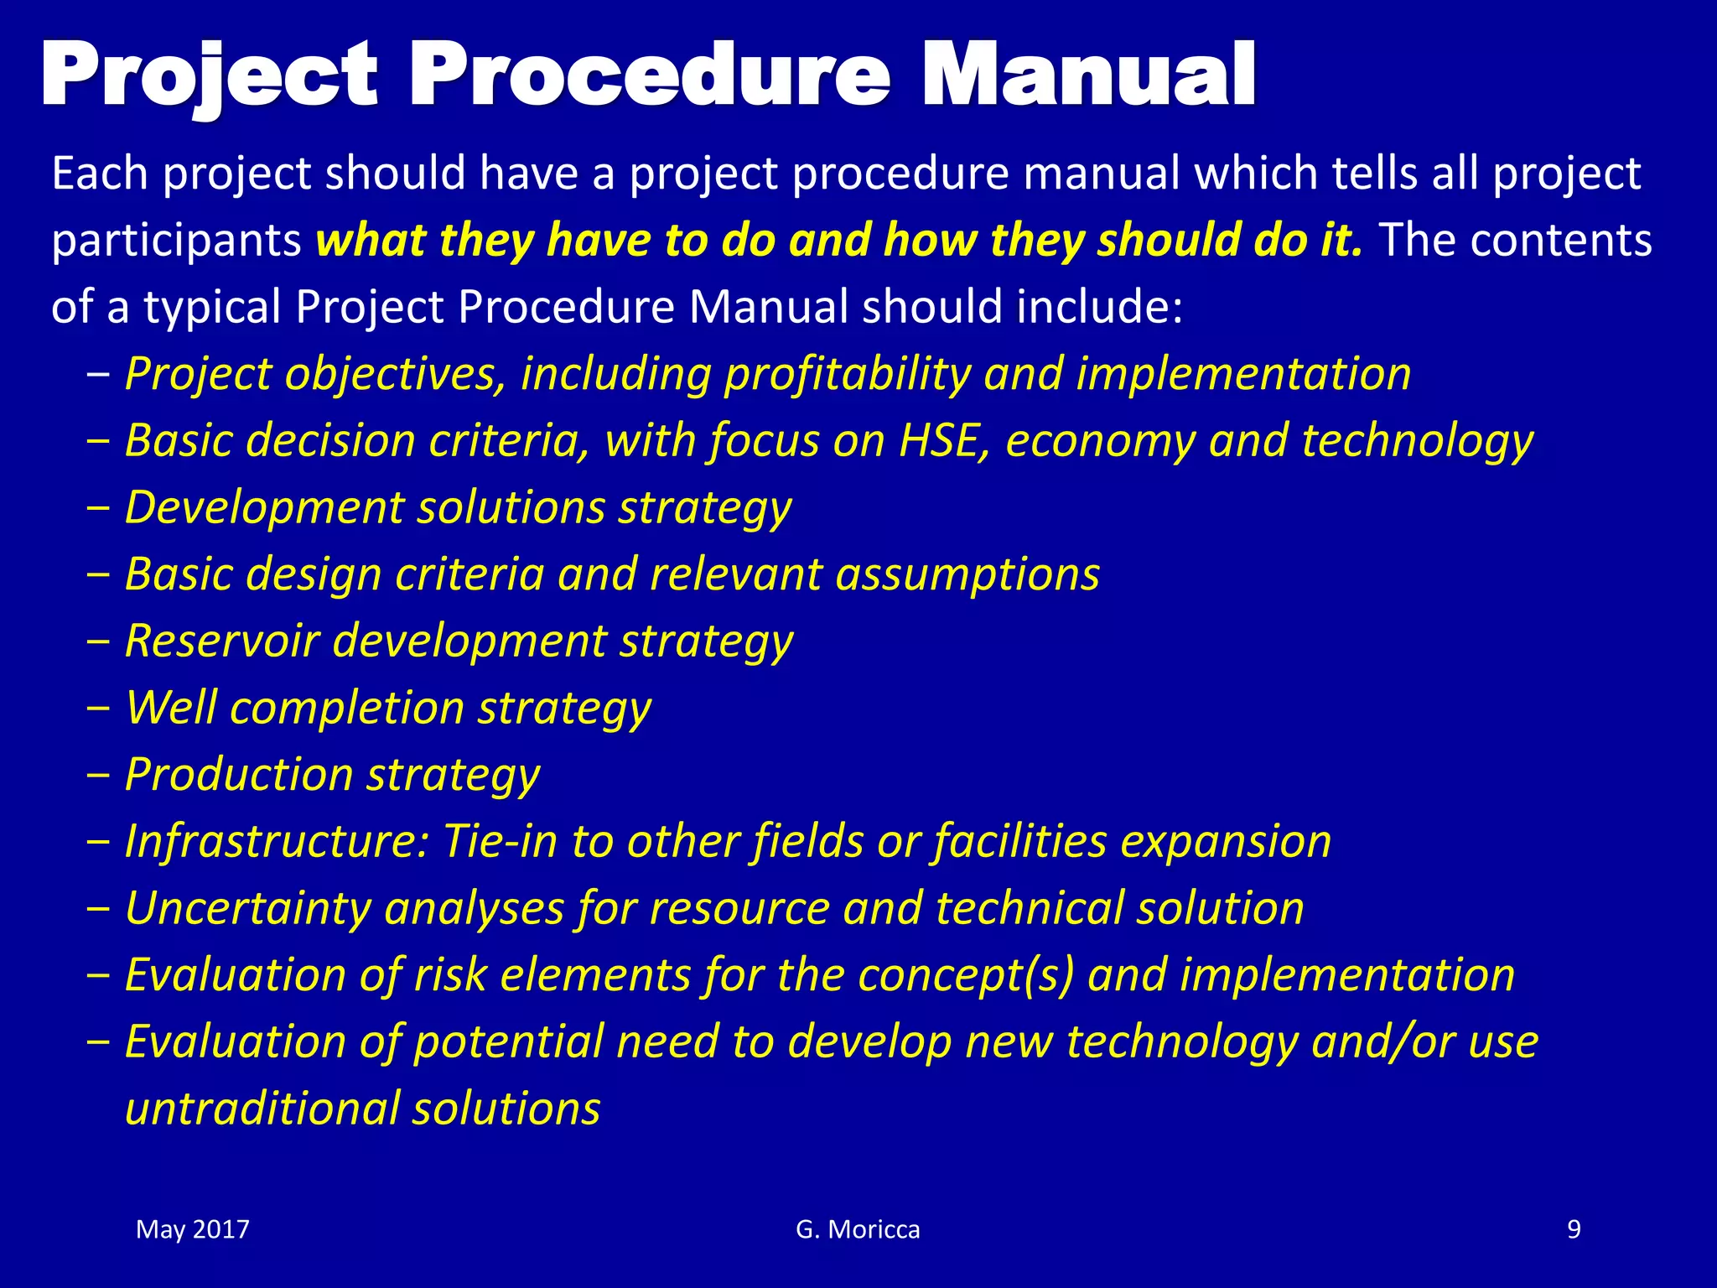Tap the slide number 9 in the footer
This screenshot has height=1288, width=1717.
(x=1574, y=1229)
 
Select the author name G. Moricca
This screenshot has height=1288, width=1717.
(x=858, y=1229)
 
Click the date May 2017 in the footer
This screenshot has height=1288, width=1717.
(x=193, y=1229)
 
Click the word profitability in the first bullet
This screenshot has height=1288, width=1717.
(x=847, y=374)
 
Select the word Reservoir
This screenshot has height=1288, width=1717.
(x=222, y=641)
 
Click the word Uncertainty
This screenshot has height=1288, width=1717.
(x=247, y=908)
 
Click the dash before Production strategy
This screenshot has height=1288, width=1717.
(x=98, y=774)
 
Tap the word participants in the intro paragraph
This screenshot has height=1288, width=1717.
(x=176, y=241)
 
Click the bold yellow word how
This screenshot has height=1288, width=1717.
(x=929, y=240)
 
